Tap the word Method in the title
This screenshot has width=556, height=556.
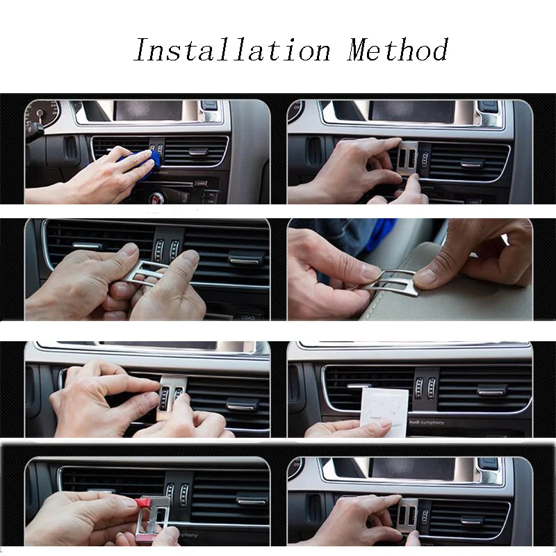coord(398,51)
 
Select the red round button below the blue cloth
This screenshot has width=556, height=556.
coord(158,197)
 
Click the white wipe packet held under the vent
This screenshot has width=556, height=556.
coord(384,413)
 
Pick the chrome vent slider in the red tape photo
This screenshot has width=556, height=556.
coord(249,499)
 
